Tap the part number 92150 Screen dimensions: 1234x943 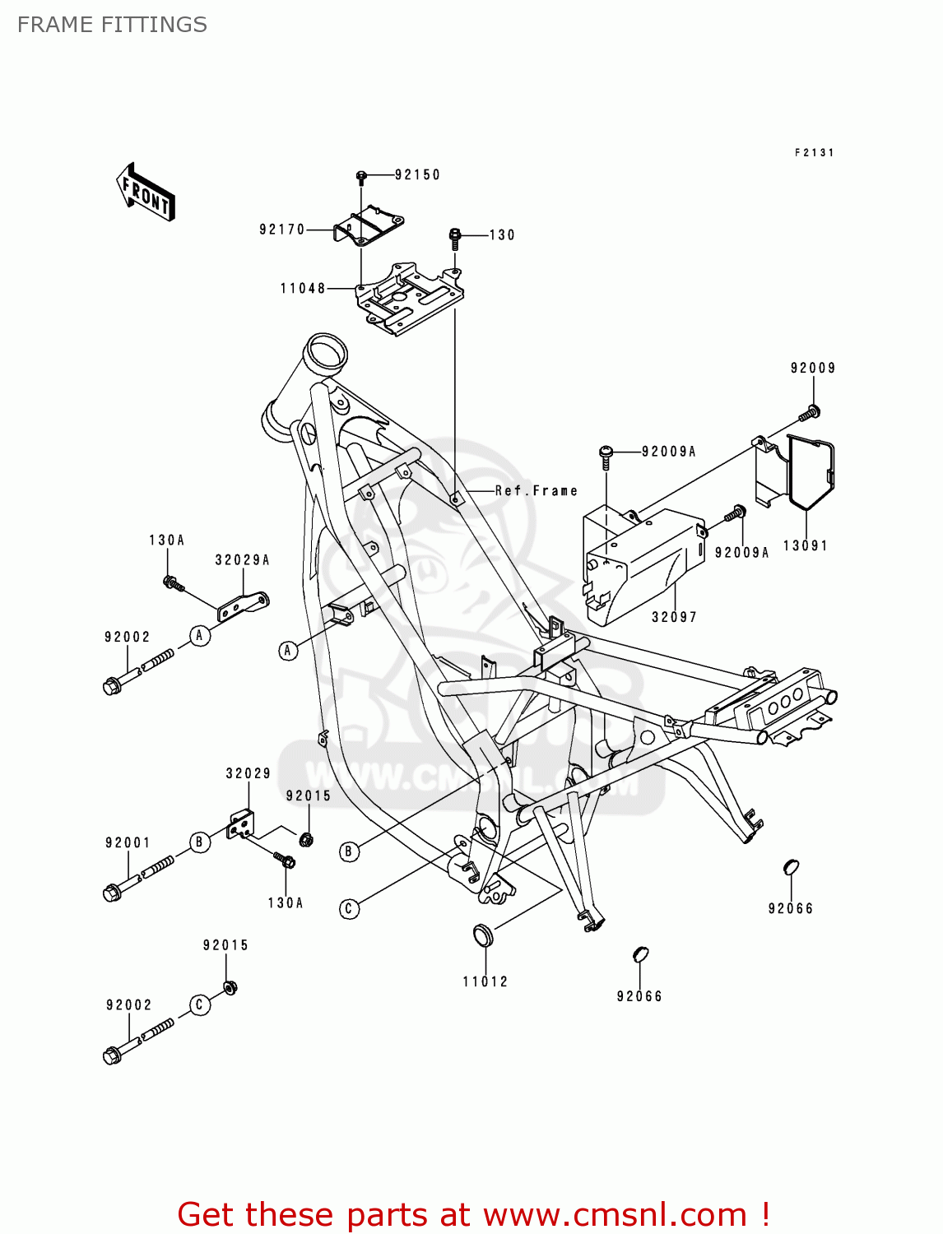[417, 174]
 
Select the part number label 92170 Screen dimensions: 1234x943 [281, 230]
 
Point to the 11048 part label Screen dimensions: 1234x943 [303, 288]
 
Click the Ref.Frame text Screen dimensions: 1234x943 [537, 490]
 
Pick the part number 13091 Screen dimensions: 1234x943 [805, 545]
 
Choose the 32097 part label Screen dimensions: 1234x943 [674, 617]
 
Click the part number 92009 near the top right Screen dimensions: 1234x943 [813, 368]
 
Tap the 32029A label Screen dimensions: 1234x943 [242, 559]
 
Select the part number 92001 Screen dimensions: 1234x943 [128, 842]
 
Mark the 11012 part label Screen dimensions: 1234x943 [485, 981]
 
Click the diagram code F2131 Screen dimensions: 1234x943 [814, 153]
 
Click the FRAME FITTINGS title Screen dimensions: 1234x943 [112, 25]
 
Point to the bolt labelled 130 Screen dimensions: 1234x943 [455, 238]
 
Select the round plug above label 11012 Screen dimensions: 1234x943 [482, 935]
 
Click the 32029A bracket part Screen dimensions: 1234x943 [243, 606]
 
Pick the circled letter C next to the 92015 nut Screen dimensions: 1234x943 [199, 1004]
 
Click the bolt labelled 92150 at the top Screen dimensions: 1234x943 [361, 176]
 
